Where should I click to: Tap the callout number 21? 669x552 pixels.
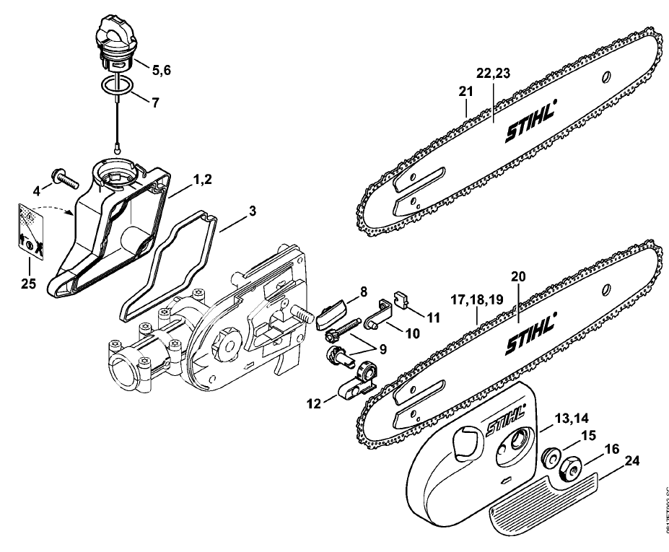pyautogui.click(x=465, y=92)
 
